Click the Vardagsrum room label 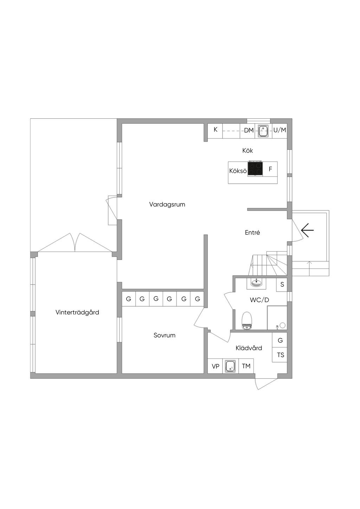167,204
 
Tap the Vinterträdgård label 77,312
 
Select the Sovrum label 165,335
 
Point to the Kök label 247,150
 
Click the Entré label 252,233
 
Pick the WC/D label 259,300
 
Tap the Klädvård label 249,348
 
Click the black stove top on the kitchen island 255,169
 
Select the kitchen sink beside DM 263,131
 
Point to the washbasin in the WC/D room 257,283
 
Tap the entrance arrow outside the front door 308,230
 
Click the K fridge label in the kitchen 216,130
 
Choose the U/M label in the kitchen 280,130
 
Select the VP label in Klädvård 216,366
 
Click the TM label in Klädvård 246,366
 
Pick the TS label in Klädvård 281,355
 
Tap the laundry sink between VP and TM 231,366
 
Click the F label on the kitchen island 270,169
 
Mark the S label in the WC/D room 282,284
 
